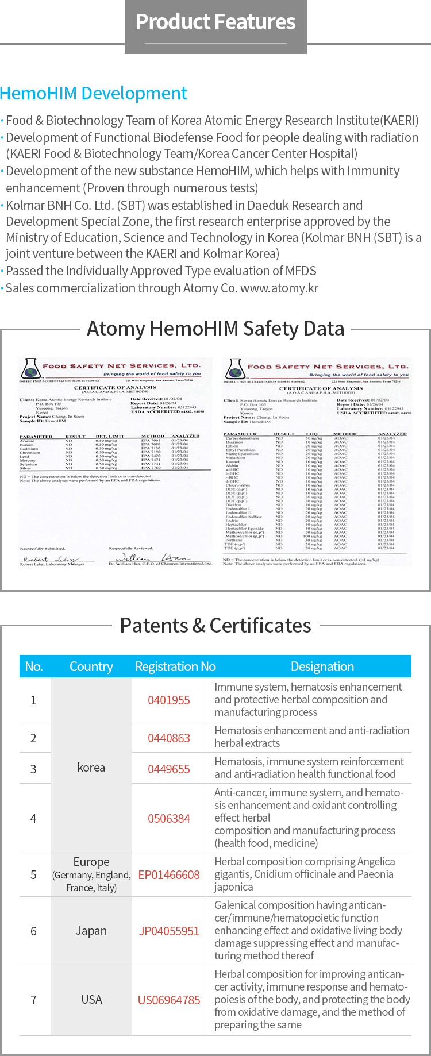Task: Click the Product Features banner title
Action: pos(215,22)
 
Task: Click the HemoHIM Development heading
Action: pos(94,93)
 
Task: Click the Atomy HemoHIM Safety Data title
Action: pos(215,329)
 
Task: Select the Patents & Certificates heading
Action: pos(215,625)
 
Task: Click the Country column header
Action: pos(91,666)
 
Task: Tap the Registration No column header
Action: pos(175,666)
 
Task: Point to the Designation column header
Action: pos(322,666)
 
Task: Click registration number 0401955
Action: pos(169,700)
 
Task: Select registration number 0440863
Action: pos(169,738)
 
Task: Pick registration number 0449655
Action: pos(169,769)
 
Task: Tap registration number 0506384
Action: pos(169,818)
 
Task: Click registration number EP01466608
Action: pos(169,874)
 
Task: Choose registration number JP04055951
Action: pos(169,931)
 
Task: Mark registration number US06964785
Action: pos(169,1000)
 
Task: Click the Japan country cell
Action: pos(91,931)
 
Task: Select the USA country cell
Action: pos(91,1000)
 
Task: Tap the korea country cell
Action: pos(91,768)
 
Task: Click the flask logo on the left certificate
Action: pos(29,368)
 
